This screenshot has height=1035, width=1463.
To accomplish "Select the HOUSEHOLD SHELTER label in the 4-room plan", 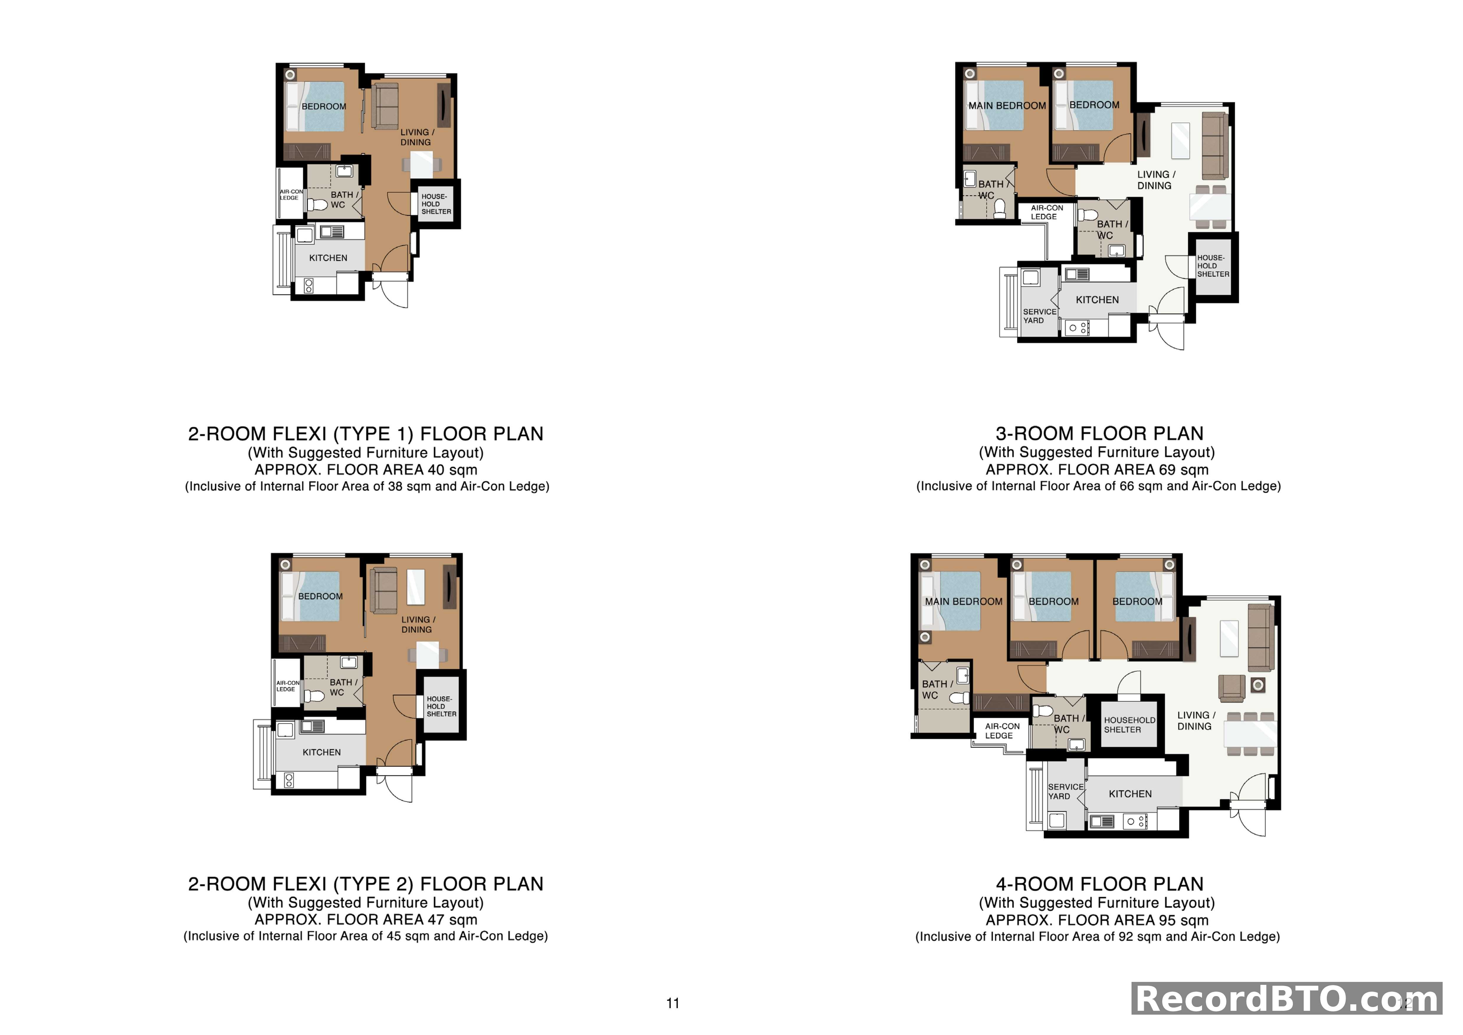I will tap(1129, 725).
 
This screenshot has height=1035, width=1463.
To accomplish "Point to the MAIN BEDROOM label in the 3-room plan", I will tap(1007, 106).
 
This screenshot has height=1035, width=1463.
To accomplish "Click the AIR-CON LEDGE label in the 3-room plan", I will tap(1046, 212).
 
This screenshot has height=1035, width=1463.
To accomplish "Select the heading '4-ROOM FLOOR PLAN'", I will tap(1099, 884).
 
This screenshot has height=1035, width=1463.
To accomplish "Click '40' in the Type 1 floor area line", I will tap(436, 470).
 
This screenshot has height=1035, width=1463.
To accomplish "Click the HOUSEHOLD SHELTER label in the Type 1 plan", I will tap(436, 204).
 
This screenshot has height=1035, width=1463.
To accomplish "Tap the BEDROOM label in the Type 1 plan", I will tap(324, 107).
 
